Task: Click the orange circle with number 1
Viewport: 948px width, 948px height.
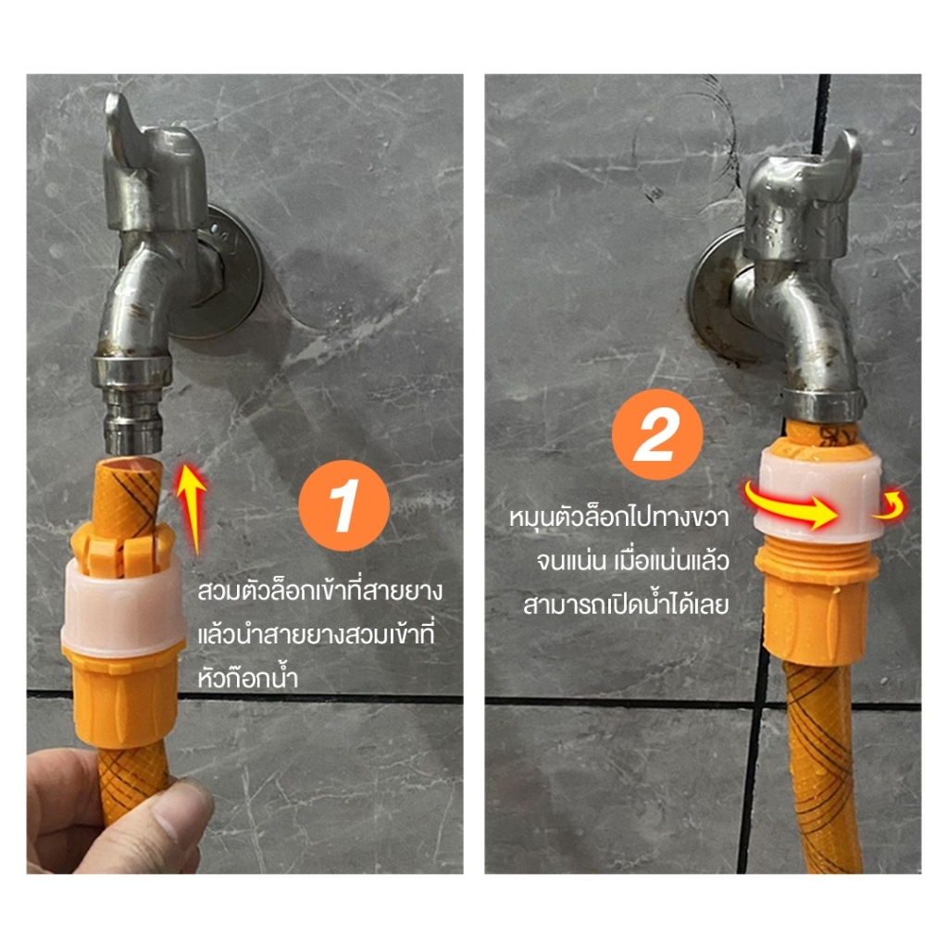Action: click(x=343, y=505)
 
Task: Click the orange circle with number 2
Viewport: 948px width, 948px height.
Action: click(x=657, y=435)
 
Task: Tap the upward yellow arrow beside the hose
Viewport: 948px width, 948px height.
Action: click(x=193, y=508)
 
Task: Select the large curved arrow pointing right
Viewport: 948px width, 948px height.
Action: click(x=790, y=506)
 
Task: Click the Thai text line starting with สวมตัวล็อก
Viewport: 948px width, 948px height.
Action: click(x=319, y=591)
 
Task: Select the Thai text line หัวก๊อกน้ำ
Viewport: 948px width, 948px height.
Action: click(x=248, y=677)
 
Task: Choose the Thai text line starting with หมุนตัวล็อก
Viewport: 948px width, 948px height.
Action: click(x=619, y=518)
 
